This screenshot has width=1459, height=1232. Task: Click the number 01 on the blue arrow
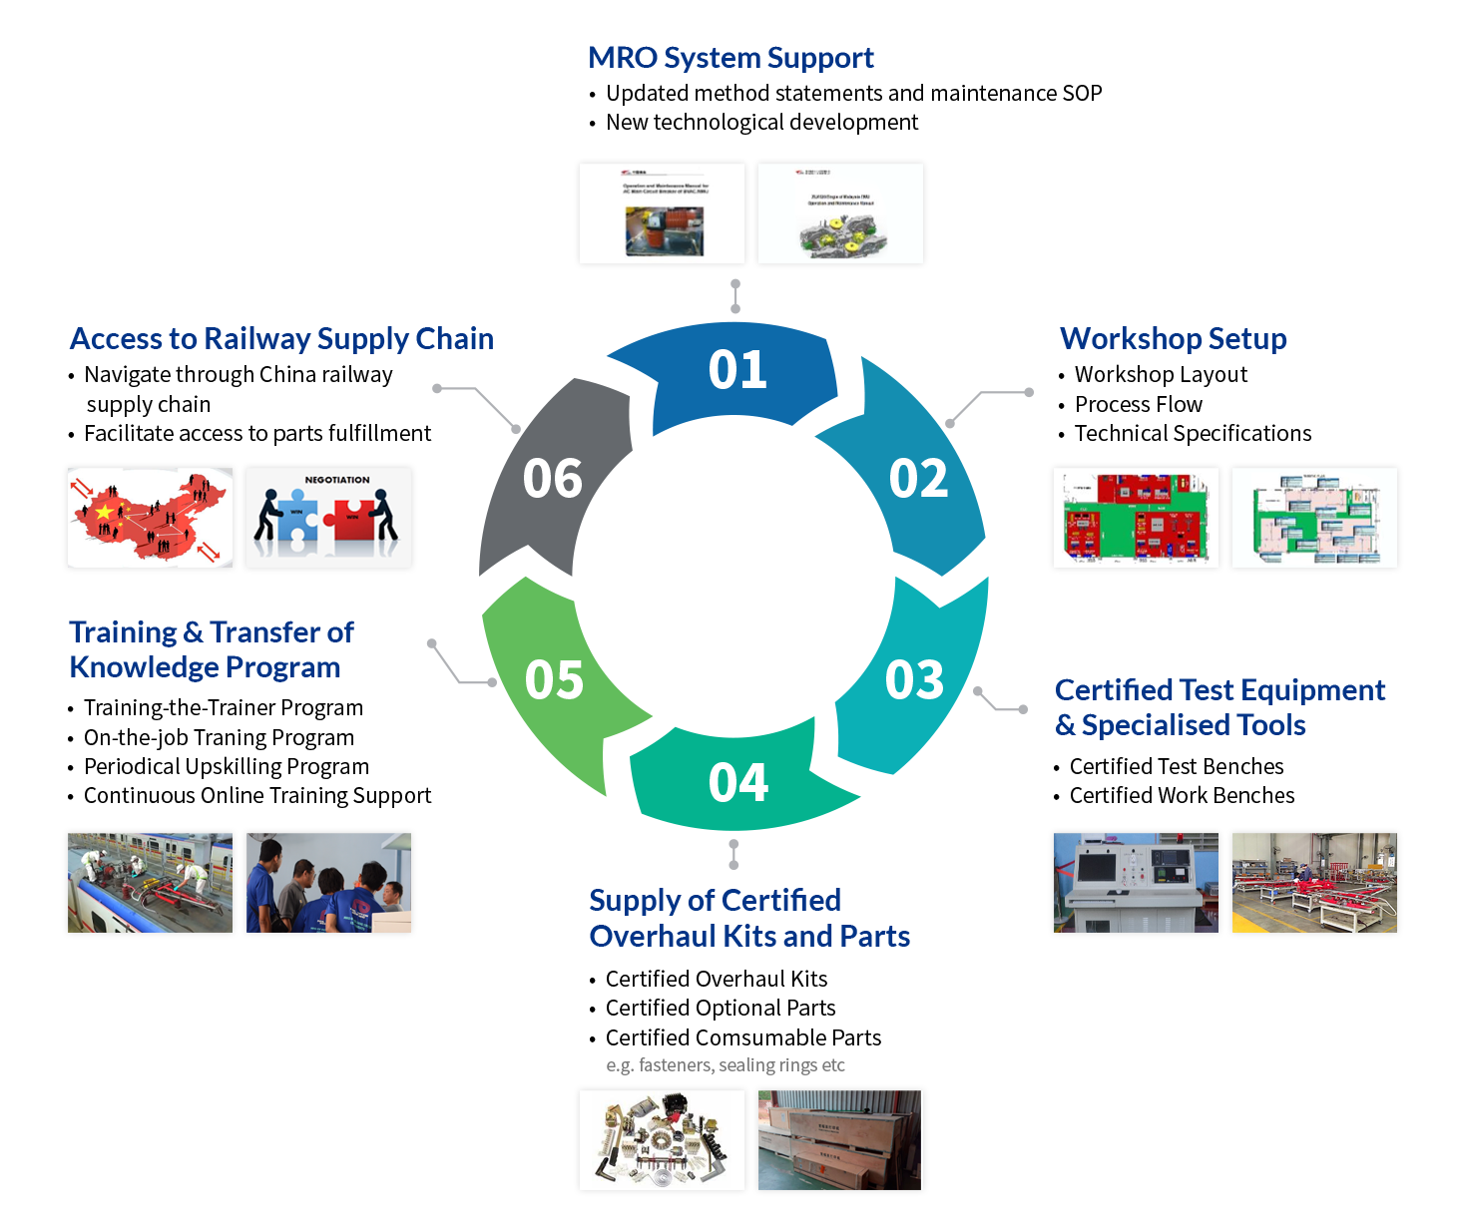[x=737, y=370]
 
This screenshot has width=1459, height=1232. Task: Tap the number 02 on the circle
[x=918, y=479]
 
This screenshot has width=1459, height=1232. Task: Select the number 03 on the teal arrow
[x=914, y=680]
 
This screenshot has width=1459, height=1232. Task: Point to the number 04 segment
[x=737, y=782]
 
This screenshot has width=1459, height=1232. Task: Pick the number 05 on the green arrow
[x=555, y=680]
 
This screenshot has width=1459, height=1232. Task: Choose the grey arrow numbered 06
[x=553, y=479]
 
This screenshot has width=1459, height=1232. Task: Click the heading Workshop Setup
[x=1173, y=339]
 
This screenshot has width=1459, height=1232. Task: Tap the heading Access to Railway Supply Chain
[x=281, y=339]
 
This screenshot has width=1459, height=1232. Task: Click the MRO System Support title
[x=731, y=58]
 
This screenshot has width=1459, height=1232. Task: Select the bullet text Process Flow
[x=1138, y=404]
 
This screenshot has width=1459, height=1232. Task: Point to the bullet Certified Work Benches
[x=1182, y=795]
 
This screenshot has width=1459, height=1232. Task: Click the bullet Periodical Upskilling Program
[x=227, y=766]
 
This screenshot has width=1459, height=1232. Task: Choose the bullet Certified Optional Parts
[x=720, y=1008]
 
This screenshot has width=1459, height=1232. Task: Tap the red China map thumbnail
[x=150, y=518]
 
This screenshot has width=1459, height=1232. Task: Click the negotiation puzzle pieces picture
[x=329, y=518]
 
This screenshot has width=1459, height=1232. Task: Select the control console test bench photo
[x=1136, y=883]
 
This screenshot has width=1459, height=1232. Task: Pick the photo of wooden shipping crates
[x=840, y=1140]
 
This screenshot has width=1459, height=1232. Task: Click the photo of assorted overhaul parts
[x=662, y=1140]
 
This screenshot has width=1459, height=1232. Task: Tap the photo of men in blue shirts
[x=329, y=883]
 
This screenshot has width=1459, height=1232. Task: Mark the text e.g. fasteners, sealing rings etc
[x=726, y=1064]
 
